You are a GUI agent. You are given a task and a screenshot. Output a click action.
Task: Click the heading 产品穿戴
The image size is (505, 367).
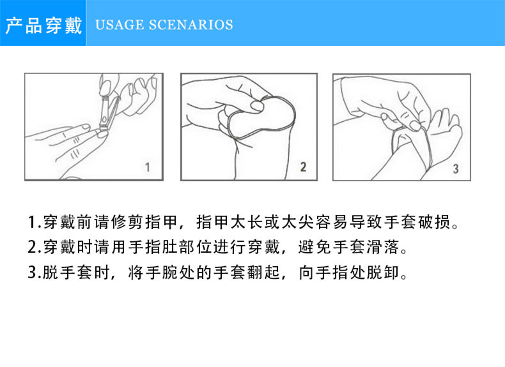44,26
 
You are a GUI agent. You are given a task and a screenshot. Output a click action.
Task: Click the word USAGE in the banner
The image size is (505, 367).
120,25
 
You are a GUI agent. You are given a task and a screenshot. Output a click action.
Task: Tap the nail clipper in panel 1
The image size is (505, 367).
107,112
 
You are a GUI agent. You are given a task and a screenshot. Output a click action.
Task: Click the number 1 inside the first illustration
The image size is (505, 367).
148,167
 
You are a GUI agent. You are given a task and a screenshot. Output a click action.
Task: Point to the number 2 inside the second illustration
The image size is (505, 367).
303,167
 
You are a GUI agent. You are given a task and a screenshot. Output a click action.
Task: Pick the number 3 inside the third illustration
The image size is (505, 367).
456,169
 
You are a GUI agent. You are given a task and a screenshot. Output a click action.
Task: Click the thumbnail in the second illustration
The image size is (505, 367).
257,106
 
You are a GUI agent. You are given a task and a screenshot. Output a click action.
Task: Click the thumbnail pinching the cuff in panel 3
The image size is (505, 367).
416,125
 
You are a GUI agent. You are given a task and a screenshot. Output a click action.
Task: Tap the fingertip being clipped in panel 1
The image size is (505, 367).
102,133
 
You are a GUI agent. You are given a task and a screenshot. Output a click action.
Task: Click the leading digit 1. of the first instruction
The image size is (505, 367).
35,222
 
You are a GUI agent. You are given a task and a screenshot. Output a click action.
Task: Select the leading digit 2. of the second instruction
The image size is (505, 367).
35,247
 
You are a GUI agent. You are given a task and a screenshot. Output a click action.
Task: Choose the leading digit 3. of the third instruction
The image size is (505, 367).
35,273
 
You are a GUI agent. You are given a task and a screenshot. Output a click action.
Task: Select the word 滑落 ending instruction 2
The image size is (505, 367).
383,247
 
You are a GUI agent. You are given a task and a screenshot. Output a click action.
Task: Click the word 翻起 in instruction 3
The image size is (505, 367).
264,273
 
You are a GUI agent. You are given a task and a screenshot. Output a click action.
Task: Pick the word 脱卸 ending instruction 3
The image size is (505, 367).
383,273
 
